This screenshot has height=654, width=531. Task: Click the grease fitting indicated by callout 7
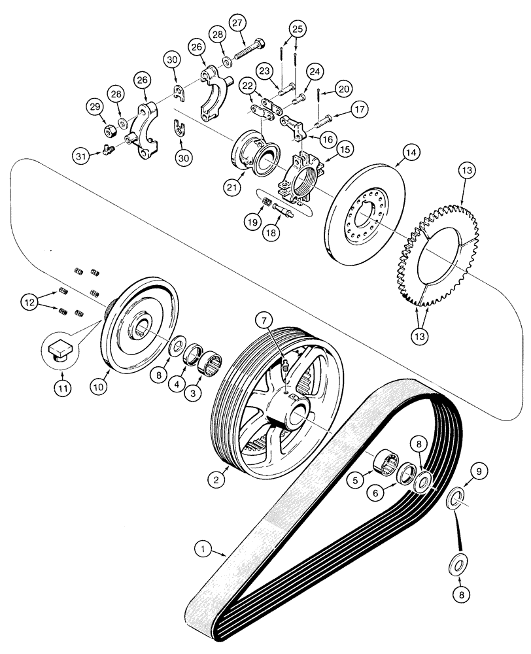tap(286, 371)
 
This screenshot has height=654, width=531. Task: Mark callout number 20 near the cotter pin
tap(344, 87)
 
